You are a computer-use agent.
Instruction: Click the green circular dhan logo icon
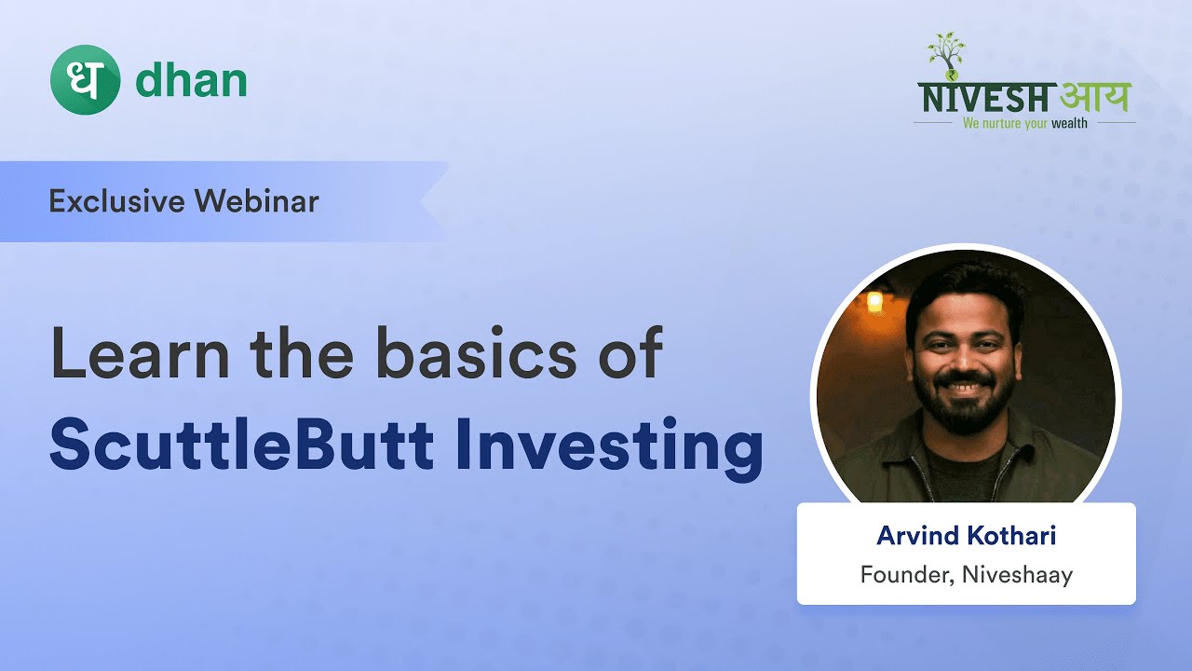coord(85,80)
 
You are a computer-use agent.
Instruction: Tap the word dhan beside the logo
coord(191,80)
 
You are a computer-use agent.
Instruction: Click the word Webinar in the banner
coord(266,201)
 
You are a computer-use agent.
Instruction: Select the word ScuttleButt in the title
coord(241,445)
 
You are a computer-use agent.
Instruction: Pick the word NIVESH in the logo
coord(987,98)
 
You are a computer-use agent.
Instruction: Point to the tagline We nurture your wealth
coord(1024,123)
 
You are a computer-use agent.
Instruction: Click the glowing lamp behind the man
coord(874,301)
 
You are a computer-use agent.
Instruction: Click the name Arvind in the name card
coord(912,537)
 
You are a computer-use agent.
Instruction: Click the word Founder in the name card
coord(900,575)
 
